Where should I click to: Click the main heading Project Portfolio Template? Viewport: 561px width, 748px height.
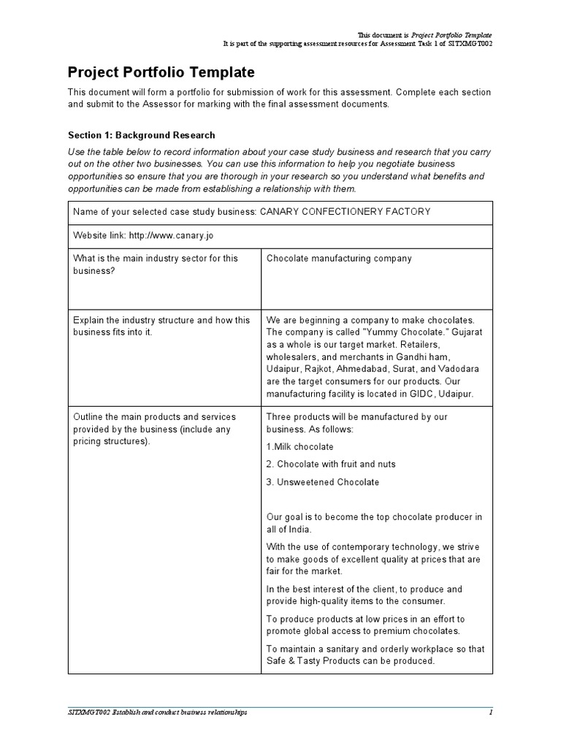pos(161,72)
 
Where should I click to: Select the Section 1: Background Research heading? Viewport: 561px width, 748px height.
pos(141,135)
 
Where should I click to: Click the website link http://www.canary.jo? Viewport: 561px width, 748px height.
pos(171,236)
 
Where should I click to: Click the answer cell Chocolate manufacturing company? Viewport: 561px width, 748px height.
pos(339,259)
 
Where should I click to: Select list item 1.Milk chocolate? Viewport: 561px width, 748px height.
pos(300,447)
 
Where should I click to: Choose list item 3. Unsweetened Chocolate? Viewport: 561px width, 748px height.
pos(323,482)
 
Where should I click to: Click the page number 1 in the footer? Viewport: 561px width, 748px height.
pos(491,712)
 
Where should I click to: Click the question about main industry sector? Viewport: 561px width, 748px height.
pos(155,264)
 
